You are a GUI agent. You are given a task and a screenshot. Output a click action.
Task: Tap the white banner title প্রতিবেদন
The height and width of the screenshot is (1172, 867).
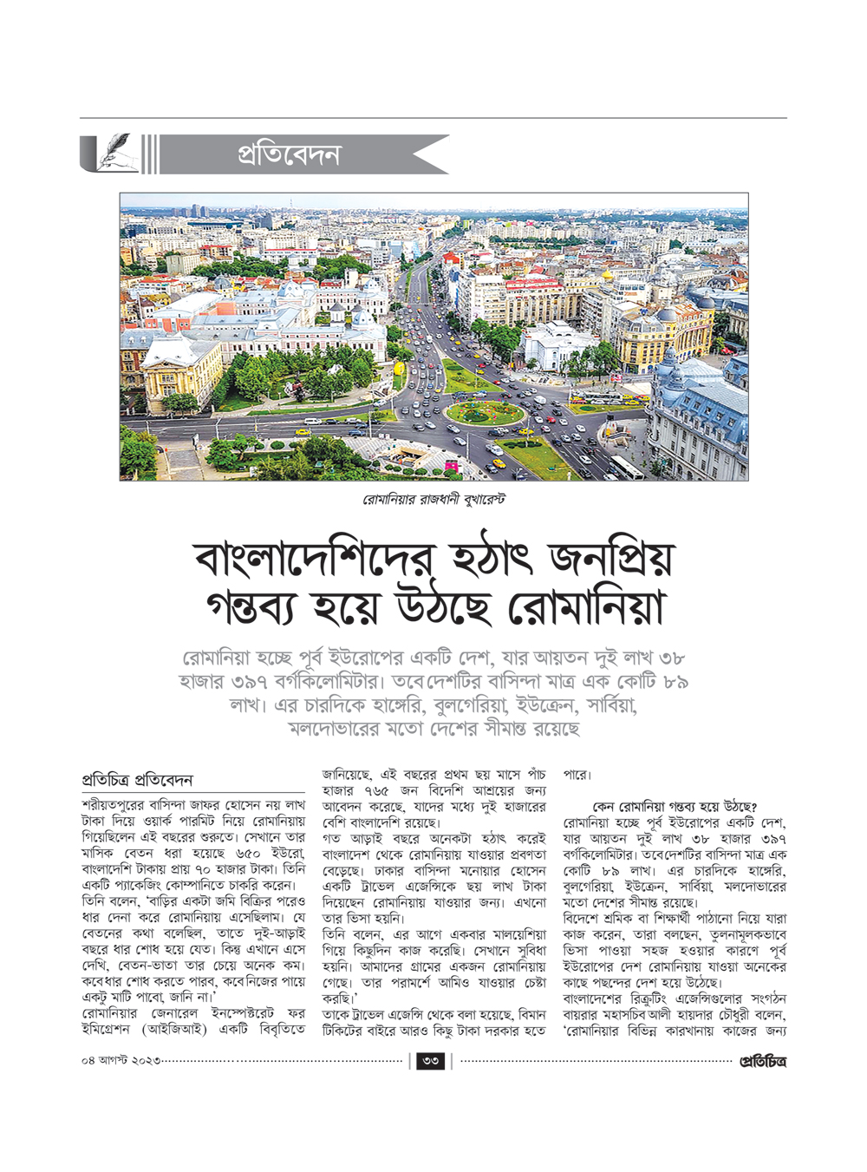tap(290, 155)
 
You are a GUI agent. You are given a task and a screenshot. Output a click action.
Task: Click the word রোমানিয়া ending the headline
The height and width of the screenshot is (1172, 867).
tap(586, 610)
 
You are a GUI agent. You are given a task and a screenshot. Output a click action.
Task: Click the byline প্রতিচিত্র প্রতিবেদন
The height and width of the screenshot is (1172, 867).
tap(137, 780)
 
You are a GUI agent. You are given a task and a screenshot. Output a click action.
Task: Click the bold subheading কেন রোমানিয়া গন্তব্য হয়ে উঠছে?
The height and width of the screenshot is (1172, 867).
tap(675, 806)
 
